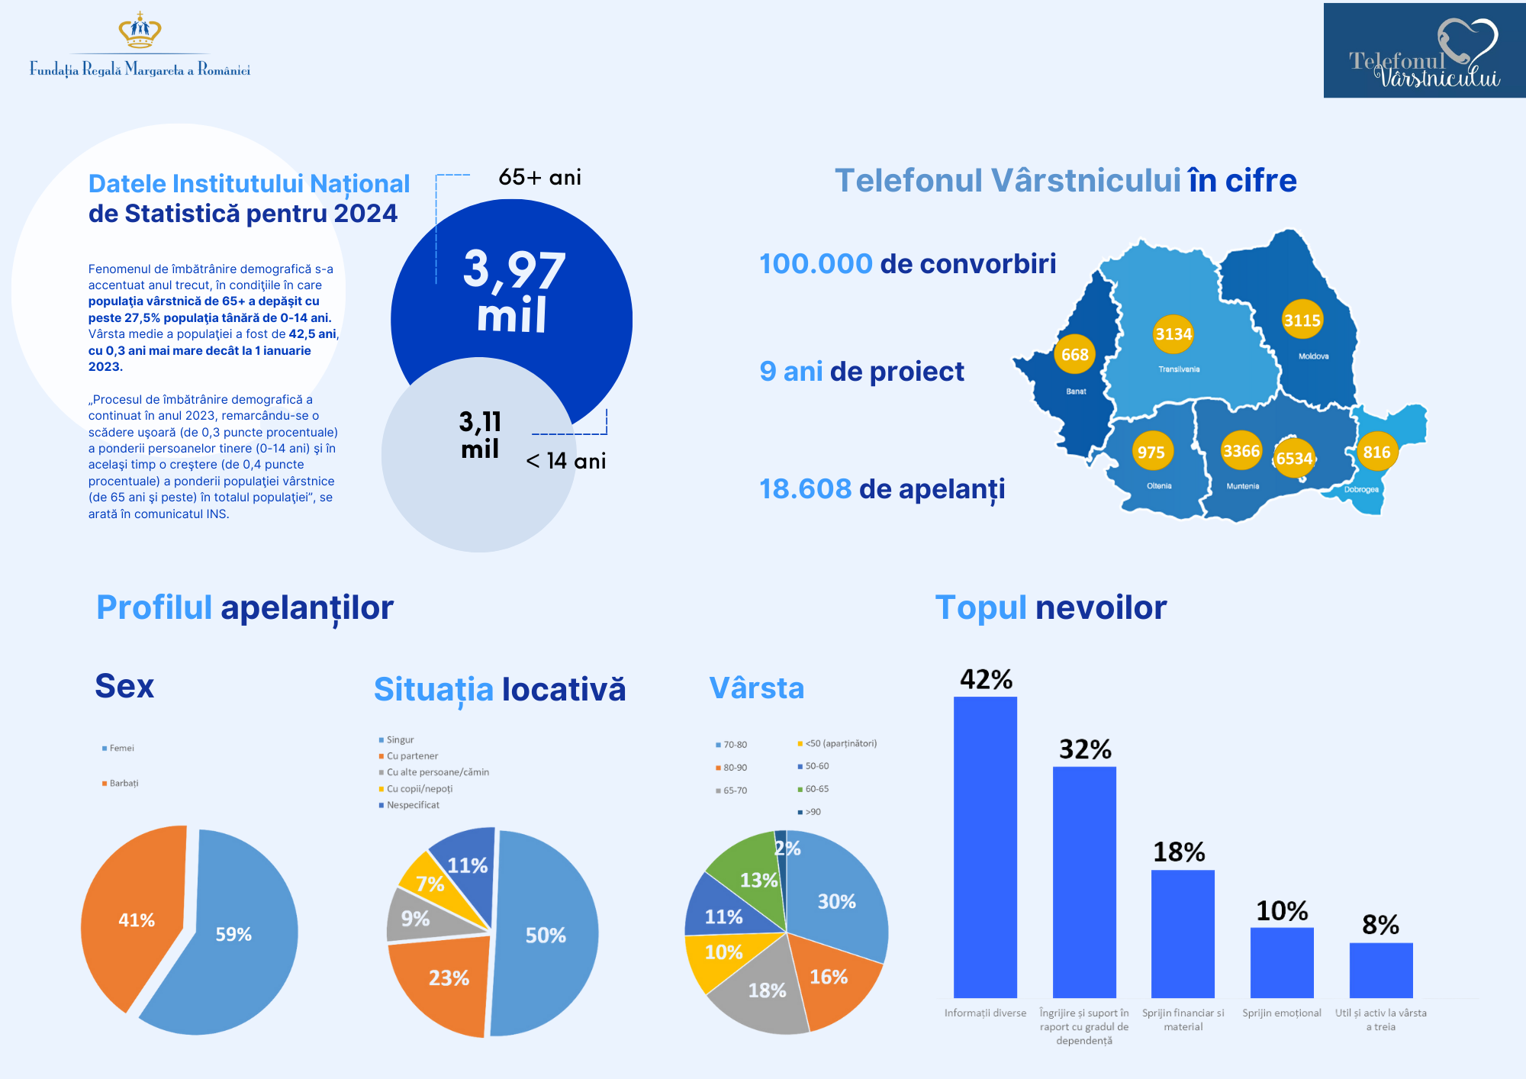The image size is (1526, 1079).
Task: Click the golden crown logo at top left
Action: tap(140, 31)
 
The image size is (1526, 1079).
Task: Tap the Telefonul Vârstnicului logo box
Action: tap(1424, 50)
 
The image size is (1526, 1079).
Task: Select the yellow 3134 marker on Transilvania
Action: tap(1173, 334)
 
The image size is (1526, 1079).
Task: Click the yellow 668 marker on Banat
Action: tap(1074, 355)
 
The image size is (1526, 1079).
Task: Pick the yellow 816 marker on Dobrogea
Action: tap(1376, 452)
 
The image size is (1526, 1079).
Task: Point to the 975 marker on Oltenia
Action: tap(1151, 452)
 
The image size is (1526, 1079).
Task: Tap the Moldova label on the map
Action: tap(1313, 356)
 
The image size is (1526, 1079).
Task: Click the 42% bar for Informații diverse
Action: tap(985, 847)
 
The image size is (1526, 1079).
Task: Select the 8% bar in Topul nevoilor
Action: tap(1380, 970)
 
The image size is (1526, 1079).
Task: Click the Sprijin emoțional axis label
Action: tap(1281, 1013)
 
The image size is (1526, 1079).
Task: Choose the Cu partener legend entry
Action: tap(412, 756)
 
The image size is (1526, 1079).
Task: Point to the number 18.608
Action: tap(805, 489)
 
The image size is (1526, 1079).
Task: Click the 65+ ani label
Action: tap(539, 177)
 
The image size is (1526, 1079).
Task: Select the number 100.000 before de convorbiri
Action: tap(816, 264)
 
